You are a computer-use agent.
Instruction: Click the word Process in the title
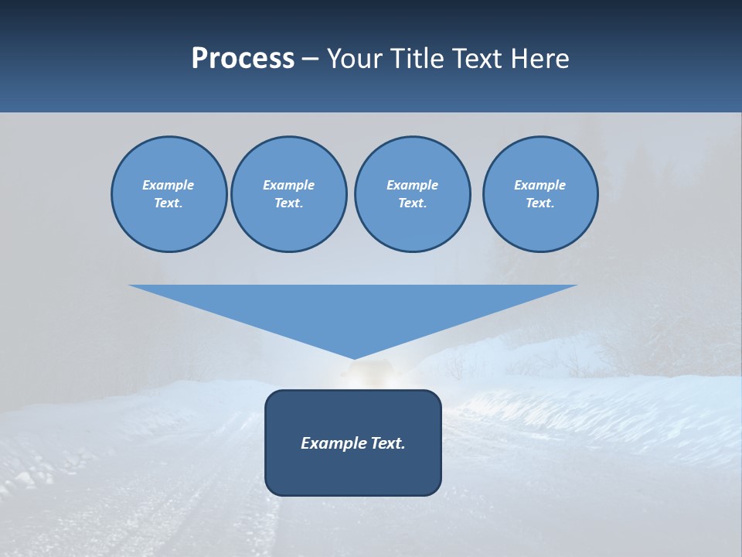pos(243,59)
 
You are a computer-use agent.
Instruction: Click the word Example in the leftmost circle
pos(168,185)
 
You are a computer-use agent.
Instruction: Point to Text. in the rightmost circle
pos(540,203)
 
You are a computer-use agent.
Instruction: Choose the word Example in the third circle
pos(412,185)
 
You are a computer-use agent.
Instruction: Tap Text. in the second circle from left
pos(288,203)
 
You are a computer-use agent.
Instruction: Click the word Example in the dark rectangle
pos(330,443)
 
